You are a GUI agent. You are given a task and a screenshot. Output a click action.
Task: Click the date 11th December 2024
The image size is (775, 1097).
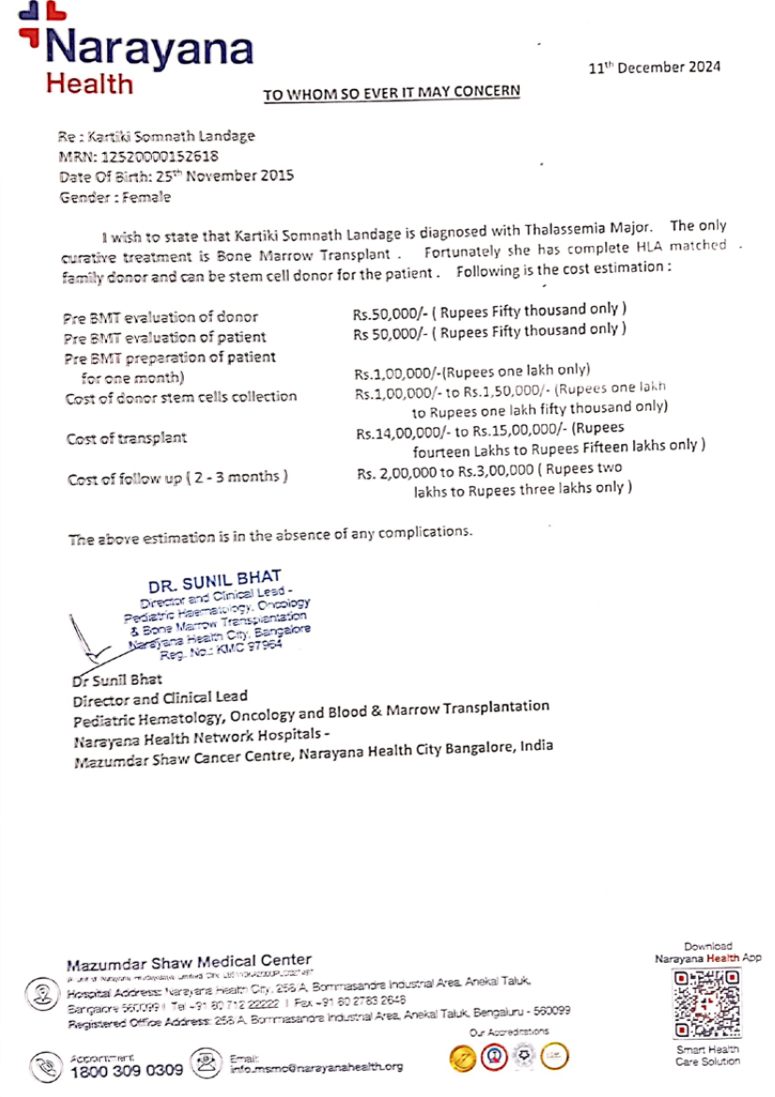pos(654,67)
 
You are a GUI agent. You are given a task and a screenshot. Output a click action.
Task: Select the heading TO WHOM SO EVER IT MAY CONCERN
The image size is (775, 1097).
pos(390,93)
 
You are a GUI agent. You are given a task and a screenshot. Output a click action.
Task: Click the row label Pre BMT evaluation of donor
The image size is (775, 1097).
pos(160,317)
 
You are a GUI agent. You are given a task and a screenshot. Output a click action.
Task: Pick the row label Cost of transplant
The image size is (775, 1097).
pos(126,438)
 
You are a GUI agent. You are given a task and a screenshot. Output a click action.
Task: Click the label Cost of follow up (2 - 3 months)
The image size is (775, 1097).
pos(177,479)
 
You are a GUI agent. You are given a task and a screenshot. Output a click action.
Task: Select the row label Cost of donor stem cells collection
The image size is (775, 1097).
pos(181,397)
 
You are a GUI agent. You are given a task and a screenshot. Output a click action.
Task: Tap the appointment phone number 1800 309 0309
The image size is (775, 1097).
pos(127,1070)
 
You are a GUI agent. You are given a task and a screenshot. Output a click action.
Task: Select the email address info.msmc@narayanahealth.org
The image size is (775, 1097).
pos(316,1067)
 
